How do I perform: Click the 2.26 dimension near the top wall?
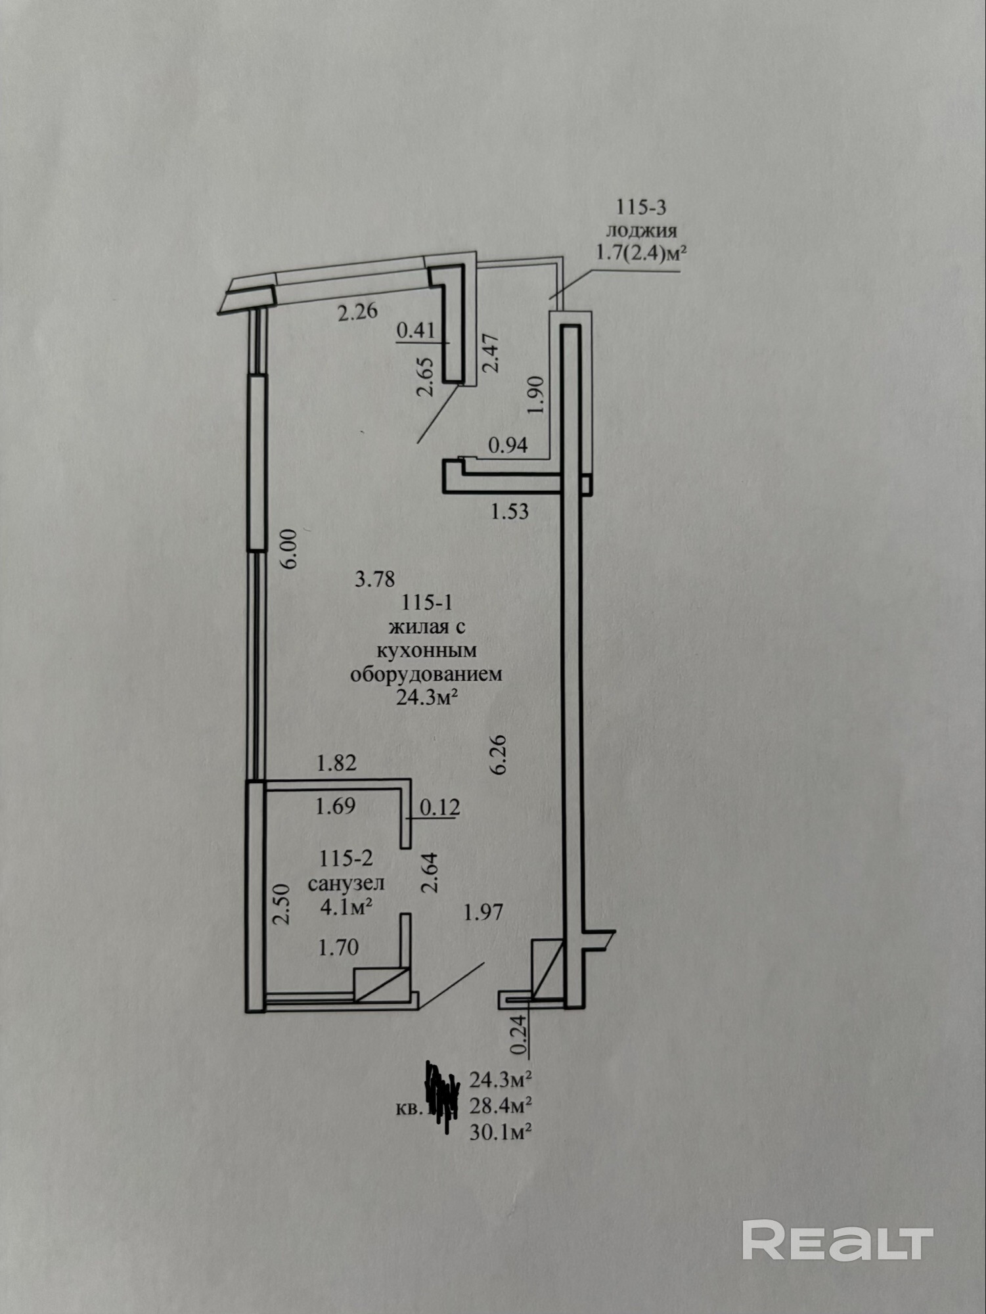click(358, 310)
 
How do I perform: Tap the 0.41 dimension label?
click(417, 330)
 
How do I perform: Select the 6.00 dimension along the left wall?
click(291, 549)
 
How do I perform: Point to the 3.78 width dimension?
click(374, 579)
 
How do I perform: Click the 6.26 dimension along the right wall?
click(499, 754)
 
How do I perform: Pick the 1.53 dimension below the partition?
click(510, 511)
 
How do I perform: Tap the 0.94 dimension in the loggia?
click(508, 445)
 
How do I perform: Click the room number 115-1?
click(428, 602)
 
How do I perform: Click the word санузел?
click(346, 883)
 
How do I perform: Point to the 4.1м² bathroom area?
click(347, 907)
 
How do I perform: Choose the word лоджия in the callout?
click(641, 230)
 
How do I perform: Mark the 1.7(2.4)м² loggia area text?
click(636, 252)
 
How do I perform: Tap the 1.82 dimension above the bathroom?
click(336, 763)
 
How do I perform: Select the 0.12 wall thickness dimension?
click(439, 807)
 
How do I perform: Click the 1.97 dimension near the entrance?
click(483, 912)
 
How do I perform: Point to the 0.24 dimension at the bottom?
click(519, 1036)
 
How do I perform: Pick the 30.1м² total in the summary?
click(501, 1132)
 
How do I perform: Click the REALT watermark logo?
click(838, 1240)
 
